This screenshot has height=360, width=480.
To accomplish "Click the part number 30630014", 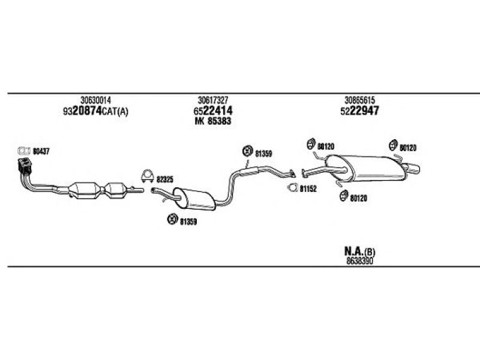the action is point(95,100).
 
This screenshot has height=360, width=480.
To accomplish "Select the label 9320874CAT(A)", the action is point(95,111).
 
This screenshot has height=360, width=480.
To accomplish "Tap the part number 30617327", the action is point(213,100).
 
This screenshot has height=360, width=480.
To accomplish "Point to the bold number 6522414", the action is point(213,110).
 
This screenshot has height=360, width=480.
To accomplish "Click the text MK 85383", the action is point(213,121).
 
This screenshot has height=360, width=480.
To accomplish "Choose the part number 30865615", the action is point(359,100).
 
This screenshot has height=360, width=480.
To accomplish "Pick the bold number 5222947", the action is point(359,110).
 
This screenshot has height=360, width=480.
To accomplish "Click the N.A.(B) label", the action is point(359,251).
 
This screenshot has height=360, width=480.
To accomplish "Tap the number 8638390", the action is point(359,261).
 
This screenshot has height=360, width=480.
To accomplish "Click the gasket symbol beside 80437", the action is point(24,151).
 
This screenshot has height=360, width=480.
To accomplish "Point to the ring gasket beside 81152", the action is point(293,188).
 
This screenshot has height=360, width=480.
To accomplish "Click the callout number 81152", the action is point(308,189).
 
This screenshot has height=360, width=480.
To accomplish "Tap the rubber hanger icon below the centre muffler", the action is point(173,219).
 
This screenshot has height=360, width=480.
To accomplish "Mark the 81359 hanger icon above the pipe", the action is point(247,151).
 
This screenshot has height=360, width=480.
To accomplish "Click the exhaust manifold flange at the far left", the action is point(25,166).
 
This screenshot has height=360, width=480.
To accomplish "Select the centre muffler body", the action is point(195,199).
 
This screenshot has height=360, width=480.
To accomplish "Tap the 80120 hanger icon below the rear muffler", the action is point(344,196).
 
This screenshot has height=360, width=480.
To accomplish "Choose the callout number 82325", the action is point(164,179).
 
